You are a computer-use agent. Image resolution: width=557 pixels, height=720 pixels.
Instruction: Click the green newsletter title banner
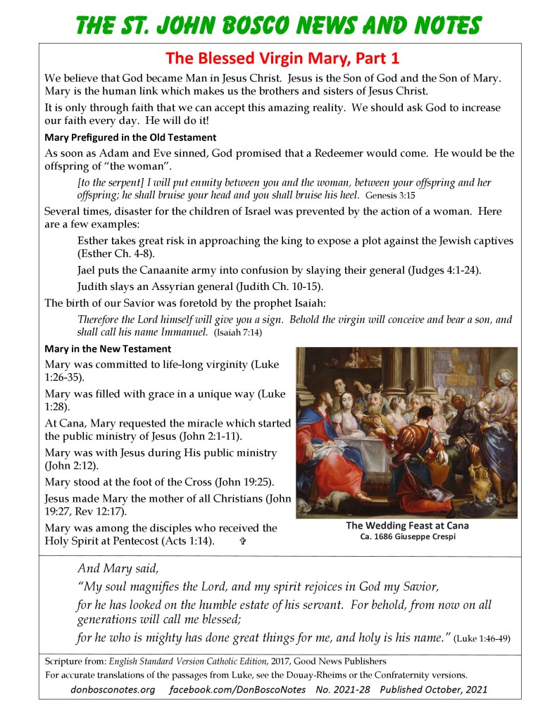tap(278, 25)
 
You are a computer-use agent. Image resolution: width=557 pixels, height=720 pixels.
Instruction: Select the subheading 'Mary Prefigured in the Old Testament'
tap(130, 137)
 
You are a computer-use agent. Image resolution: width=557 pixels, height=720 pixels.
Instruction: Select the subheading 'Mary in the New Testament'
tap(107, 349)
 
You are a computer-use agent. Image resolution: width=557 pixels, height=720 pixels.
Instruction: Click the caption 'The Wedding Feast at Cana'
tap(407, 526)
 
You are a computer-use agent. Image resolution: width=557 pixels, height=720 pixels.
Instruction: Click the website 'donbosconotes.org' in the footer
tap(113, 690)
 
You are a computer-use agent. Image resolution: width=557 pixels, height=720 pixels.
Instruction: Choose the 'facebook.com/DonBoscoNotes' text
tap(237, 690)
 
